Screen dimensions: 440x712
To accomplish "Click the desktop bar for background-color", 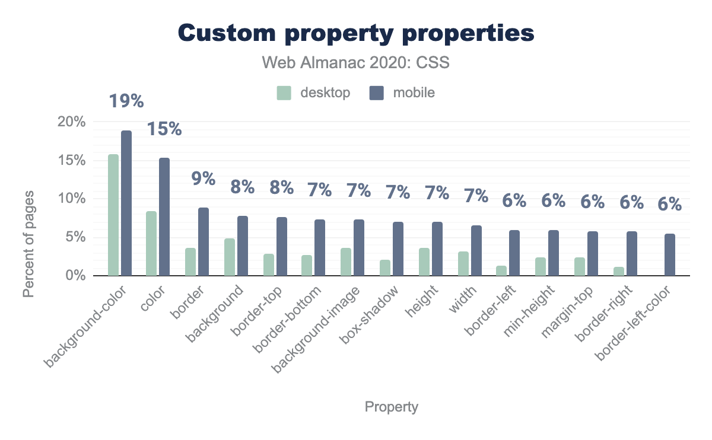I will tap(113, 215).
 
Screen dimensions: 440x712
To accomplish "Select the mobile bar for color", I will tap(164, 217).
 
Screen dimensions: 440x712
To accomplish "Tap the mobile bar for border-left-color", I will tap(670, 255).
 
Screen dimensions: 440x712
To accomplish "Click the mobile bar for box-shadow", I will tap(398, 249).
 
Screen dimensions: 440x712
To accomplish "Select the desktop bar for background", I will tap(230, 257).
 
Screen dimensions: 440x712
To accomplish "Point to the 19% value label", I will tap(126, 101).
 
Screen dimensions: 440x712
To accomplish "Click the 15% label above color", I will tap(164, 129).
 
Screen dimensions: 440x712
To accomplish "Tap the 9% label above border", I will tap(203, 178).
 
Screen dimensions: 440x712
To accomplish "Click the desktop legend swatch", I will tap(284, 93).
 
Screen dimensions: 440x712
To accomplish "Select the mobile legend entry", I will tap(403, 93).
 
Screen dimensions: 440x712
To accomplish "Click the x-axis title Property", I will tap(391, 407).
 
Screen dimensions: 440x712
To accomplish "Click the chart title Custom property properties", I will tap(356, 33).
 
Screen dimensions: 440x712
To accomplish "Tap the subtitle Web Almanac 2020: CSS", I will tap(356, 62).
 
